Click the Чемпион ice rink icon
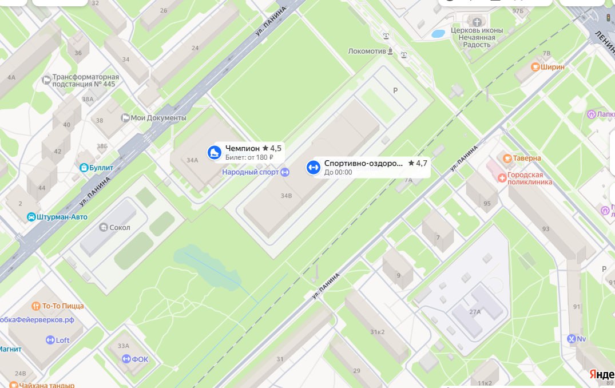click(214, 152)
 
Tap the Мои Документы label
click(158, 118)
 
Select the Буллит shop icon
click(85, 168)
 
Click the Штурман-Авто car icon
click(31, 217)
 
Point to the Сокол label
click(120, 227)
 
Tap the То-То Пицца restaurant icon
click(35, 306)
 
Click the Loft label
click(62, 340)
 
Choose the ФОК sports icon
click(126, 359)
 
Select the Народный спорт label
click(251, 172)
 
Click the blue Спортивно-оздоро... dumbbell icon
click(312, 167)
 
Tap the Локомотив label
click(367, 51)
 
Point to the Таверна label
click(527, 158)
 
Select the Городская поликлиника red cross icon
click(502, 177)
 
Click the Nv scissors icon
click(571, 339)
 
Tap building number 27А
click(475, 312)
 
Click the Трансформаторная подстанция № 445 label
click(85, 80)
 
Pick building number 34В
click(286, 196)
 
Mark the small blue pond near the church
click(438, 34)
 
